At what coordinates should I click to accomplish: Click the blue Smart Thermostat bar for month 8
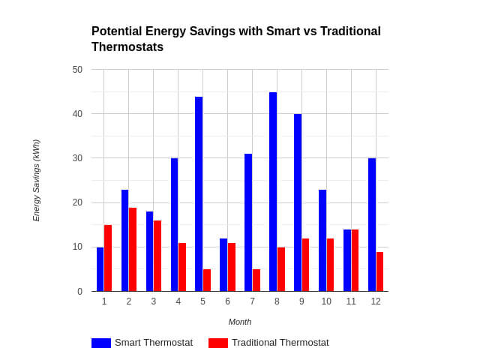273,192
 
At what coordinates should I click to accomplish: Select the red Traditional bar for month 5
207,280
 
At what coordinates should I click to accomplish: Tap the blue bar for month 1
100,269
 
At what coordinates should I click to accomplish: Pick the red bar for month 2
133,250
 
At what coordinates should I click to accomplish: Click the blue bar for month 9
298,202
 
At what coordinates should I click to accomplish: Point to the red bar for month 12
380,271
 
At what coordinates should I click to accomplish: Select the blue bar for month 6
223,265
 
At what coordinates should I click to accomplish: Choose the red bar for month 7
256,280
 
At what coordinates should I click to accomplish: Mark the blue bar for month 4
174,225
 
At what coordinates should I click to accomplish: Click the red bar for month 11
355,260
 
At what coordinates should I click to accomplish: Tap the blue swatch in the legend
101,343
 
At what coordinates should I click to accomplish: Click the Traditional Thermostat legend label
280,343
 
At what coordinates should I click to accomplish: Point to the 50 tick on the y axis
77,70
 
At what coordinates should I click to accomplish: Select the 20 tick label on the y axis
77,202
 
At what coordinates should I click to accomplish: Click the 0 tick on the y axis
79,292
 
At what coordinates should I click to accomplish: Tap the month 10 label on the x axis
326,301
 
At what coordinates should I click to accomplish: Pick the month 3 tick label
154,301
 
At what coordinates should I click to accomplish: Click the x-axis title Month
240,322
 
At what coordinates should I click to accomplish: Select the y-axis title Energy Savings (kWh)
36,180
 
